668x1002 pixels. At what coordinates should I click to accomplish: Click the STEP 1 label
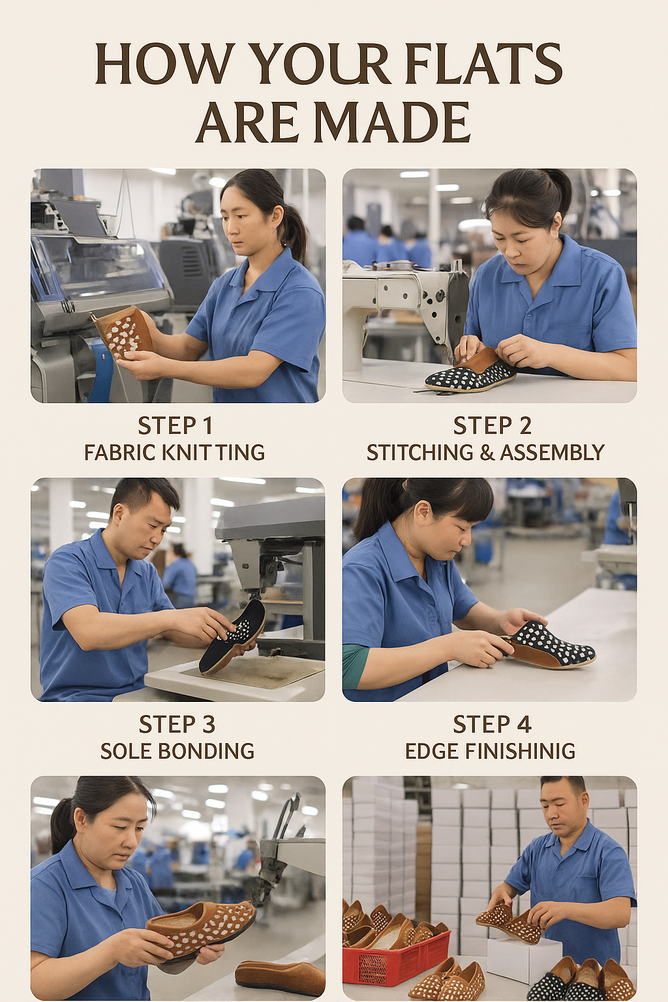(175, 425)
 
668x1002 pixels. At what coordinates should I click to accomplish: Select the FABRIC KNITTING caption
(175, 452)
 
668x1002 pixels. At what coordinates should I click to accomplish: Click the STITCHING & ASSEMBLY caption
(485, 452)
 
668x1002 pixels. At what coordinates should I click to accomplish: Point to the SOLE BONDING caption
(177, 751)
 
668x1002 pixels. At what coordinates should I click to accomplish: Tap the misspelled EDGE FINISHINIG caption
(490, 751)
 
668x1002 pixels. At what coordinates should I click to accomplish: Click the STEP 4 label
(492, 724)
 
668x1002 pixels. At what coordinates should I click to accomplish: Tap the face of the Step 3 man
(147, 522)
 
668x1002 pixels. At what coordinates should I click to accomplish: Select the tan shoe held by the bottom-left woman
(202, 926)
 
